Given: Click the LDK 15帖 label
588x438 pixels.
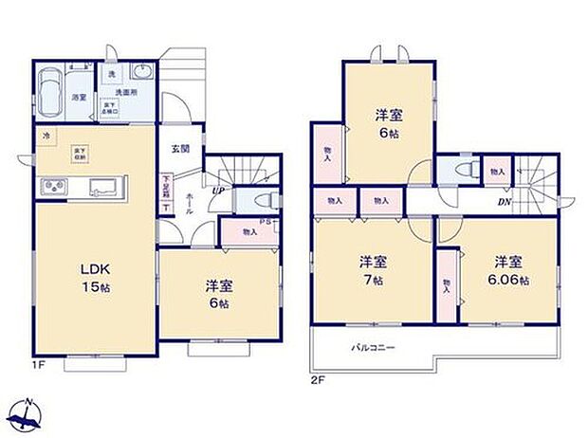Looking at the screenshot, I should (x=93, y=276).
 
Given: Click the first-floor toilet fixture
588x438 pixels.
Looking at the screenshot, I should (x=266, y=200).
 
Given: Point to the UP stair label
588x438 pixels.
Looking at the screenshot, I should (x=218, y=191).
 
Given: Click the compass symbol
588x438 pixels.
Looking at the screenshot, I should (x=27, y=413).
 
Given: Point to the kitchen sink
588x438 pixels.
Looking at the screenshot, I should (x=102, y=187).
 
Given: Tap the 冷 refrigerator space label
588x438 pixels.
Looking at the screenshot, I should (x=46, y=137).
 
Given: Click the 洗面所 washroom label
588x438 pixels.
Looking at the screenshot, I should (x=126, y=93).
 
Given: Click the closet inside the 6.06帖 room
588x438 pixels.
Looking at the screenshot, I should (x=447, y=283).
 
